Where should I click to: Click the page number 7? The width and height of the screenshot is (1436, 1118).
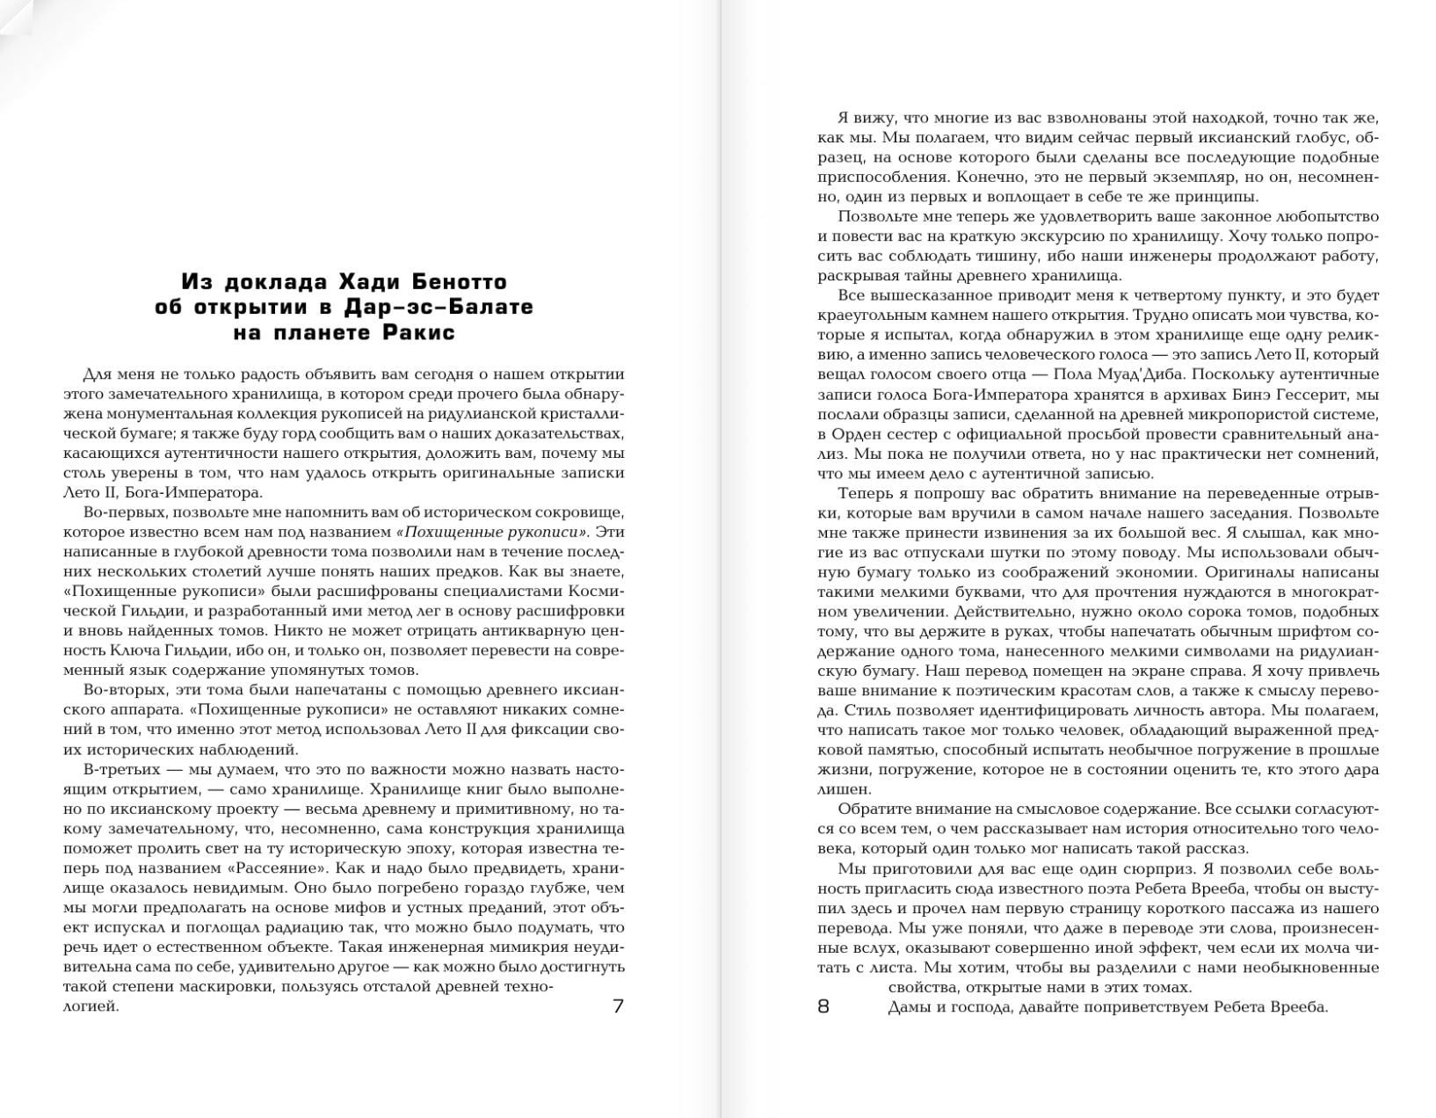618,1006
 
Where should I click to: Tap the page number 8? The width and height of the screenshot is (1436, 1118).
823,1006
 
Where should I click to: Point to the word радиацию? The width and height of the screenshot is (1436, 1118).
320,927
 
